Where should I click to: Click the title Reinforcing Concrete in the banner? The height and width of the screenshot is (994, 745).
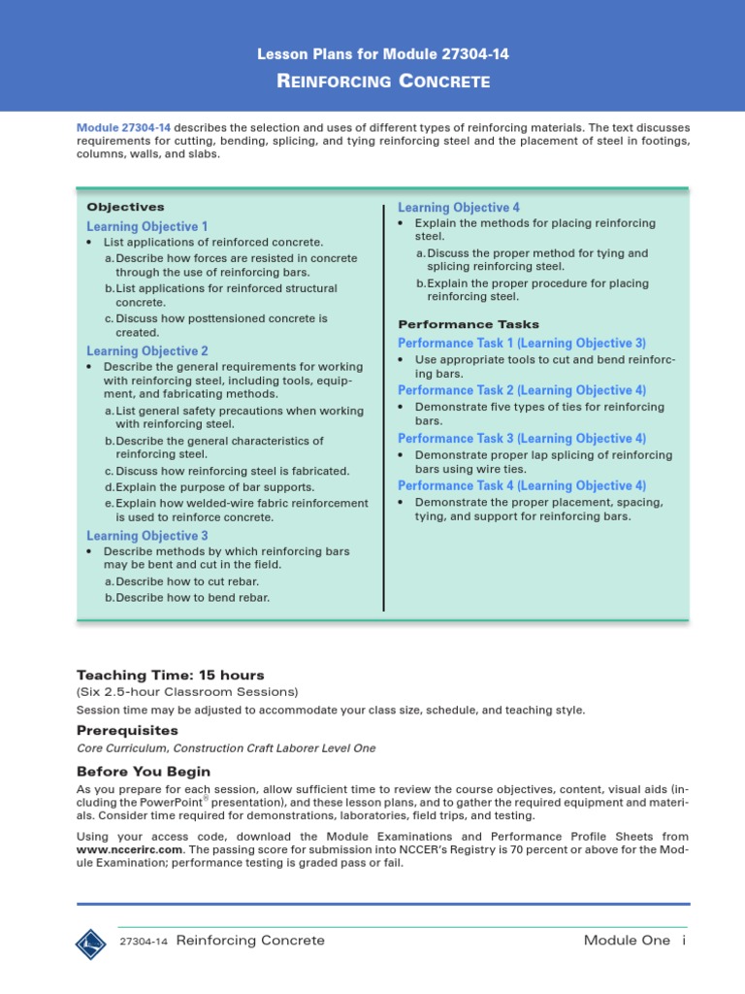pyautogui.click(x=383, y=82)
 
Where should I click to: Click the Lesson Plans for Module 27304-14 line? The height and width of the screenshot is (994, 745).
pyautogui.click(x=381, y=54)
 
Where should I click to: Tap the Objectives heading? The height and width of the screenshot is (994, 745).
pyautogui.click(x=125, y=207)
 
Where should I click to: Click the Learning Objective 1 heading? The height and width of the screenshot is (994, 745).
pyautogui.click(x=147, y=226)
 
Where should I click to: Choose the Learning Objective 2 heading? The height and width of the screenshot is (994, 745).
pyautogui.click(x=147, y=351)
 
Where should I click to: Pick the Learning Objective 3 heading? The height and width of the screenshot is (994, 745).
pyautogui.click(x=147, y=536)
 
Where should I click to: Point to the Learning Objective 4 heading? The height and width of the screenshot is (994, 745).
pyautogui.click(x=459, y=208)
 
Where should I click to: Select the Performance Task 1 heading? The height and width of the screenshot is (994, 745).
pyautogui.click(x=522, y=344)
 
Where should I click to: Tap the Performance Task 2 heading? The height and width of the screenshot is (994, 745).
pyautogui.click(x=522, y=390)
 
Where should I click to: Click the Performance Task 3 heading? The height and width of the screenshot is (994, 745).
pyautogui.click(x=522, y=439)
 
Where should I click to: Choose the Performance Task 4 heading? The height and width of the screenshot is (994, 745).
pyautogui.click(x=522, y=485)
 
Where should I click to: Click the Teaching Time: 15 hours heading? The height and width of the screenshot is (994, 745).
pyautogui.click(x=170, y=675)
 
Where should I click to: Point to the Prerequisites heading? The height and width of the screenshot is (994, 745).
pyautogui.click(x=127, y=729)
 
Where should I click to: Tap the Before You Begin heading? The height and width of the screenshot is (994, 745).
pyautogui.click(x=143, y=771)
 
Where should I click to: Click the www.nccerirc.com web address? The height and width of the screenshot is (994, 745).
pyautogui.click(x=131, y=849)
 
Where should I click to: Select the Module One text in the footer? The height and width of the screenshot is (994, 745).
pyautogui.click(x=627, y=941)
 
